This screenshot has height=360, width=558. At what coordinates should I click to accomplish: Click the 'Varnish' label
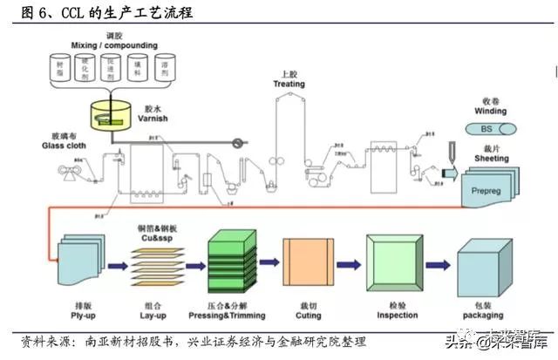coord(153,118)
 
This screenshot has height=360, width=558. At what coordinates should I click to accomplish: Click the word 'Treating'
coord(289,84)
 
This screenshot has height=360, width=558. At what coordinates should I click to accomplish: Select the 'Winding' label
coord(491,112)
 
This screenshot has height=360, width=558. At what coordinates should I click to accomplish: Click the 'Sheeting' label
coord(491,159)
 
